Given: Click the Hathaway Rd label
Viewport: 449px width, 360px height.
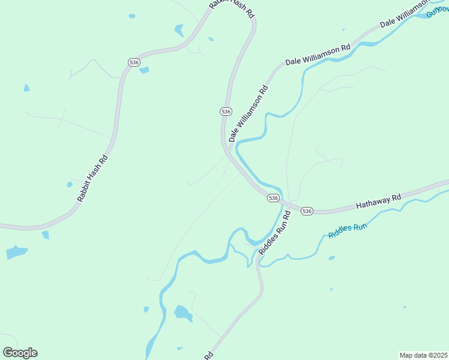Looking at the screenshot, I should (378, 202).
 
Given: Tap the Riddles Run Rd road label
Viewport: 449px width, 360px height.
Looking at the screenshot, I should (274, 232).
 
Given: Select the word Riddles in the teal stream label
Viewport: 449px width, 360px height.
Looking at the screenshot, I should (339, 230).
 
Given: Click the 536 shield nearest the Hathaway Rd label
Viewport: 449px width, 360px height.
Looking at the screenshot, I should (307, 211).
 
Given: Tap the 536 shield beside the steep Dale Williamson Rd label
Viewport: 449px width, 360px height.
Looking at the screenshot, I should (226, 112).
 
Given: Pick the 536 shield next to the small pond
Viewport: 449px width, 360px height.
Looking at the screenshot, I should (134, 62).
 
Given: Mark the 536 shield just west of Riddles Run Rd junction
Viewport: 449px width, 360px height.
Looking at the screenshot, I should (273, 197).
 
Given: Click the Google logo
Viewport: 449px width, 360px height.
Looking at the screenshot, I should (20, 353).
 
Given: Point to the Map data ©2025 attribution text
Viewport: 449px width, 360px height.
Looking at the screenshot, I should (423, 355).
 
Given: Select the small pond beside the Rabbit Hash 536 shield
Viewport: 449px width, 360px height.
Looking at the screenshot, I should (144, 70).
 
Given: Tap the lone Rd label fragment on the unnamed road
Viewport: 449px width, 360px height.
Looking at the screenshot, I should (208, 356).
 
